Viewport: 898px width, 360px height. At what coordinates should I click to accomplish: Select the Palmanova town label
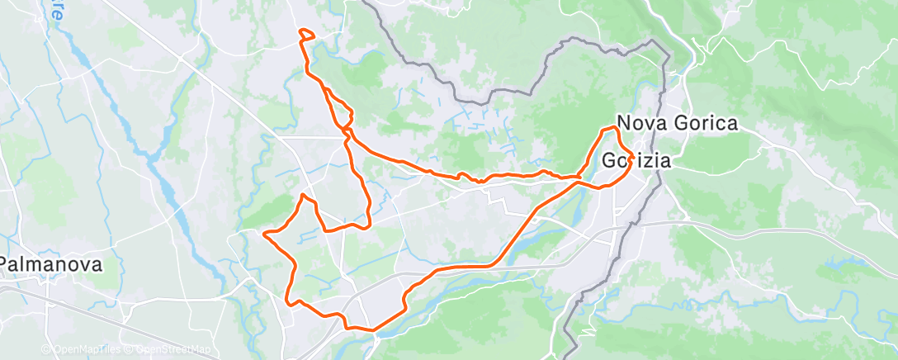pyautogui.click(x=51, y=265)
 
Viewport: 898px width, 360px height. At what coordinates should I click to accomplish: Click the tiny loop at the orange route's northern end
pyautogui.click(x=305, y=34)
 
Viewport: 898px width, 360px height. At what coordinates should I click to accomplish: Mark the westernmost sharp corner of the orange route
pyautogui.click(x=264, y=234)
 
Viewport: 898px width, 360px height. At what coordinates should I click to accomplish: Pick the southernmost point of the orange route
pyautogui.click(x=373, y=330)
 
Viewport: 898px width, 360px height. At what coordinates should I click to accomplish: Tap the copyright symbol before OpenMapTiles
pyautogui.click(x=45, y=350)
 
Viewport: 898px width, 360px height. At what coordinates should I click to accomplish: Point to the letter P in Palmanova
pyautogui.click(x=5, y=265)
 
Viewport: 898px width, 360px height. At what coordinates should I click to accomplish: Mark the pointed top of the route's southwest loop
pyautogui.click(x=304, y=195)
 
